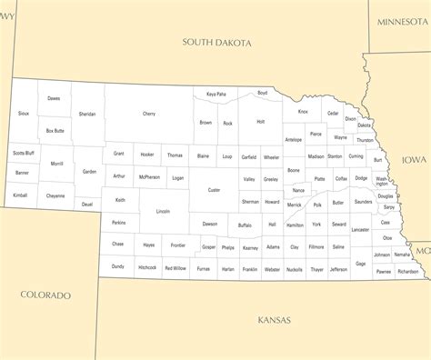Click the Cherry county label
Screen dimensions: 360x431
tap(149, 114)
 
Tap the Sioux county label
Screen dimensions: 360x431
tap(24, 114)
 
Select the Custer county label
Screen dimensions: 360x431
tap(214, 190)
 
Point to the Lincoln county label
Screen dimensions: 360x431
tap(163, 212)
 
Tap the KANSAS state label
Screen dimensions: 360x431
tap(274, 320)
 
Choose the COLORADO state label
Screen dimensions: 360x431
tap(45, 295)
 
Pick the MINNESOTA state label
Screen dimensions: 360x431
tap(404, 21)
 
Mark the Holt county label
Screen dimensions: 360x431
tap(260, 121)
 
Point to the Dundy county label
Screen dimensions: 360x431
tap(118, 266)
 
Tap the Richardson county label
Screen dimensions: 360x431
tap(407, 271)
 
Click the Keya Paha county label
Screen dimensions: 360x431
tap(215, 94)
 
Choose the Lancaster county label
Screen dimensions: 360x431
tap(360, 230)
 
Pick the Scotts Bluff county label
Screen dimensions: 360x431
tap(24, 153)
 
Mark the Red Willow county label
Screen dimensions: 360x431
tap(175, 268)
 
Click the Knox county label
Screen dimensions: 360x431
tap(303, 112)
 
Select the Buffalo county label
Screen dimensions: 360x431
tap(245, 225)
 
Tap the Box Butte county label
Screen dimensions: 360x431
tap(55, 131)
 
